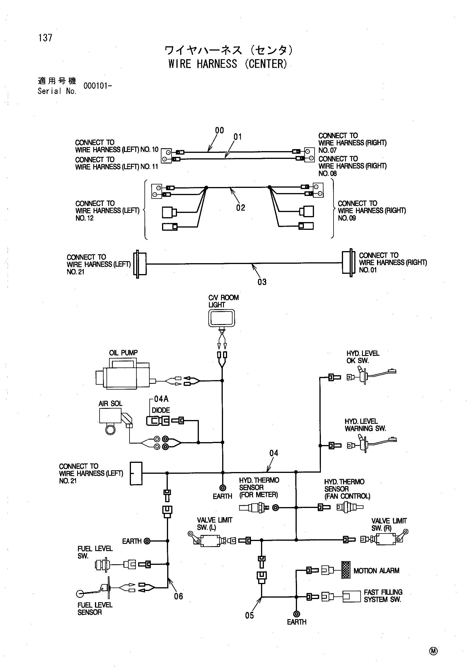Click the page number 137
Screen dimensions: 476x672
pyautogui.click(x=45, y=38)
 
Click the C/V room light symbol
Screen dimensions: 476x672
pyautogui.click(x=222, y=318)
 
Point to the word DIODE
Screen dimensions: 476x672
pyautogui.click(x=161, y=410)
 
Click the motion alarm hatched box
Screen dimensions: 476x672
pyautogui.click(x=346, y=570)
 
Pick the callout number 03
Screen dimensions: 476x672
pyautogui.click(x=262, y=282)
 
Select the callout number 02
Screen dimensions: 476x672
pyautogui.click(x=241, y=208)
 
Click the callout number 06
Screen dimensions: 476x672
pyautogui.click(x=178, y=596)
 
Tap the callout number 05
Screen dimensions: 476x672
pyautogui.click(x=250, y=615)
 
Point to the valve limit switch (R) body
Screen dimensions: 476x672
pyautogui.click(x=386, y=539)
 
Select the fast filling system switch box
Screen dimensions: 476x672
pyautogui.click(x=351, y=596)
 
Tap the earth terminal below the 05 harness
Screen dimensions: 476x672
pyautogui.click(x=296, y=614)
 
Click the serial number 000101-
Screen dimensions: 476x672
pyautogui.click(x=98, y=86)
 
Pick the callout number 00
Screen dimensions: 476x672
pyautogui.click(x=220, y=130)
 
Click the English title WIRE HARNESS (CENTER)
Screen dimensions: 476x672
pyautogui.click(x=228, y=64)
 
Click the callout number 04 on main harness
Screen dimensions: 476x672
pyautogui.click(x=274, y=453)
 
